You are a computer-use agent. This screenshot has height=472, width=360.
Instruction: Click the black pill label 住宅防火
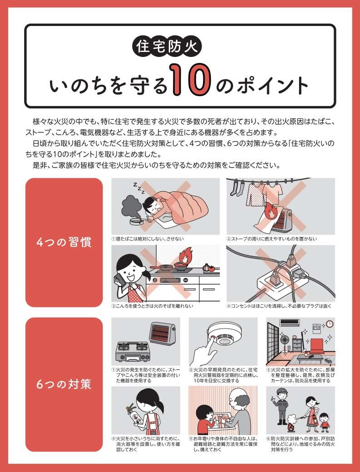167,46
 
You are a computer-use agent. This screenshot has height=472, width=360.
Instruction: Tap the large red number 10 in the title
191,79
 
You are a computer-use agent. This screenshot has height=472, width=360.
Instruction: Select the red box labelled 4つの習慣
64,242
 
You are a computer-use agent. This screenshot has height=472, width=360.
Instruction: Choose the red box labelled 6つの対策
64,385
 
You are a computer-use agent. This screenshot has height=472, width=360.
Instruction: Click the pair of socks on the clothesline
237,188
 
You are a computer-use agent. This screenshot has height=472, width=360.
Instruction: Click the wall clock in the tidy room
330,323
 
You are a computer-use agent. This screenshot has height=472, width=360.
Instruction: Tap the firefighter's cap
282,391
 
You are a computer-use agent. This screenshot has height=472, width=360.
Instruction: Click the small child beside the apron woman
324,420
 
